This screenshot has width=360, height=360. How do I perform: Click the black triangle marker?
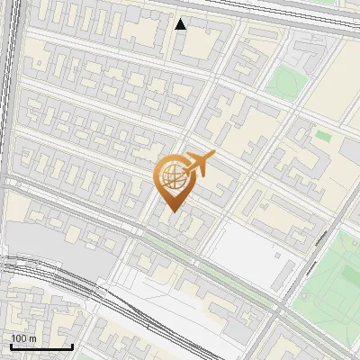181,24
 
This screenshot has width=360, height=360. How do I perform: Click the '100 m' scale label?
24,337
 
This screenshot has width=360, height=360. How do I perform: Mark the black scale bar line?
41,347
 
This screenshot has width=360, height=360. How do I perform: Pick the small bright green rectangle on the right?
322,136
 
